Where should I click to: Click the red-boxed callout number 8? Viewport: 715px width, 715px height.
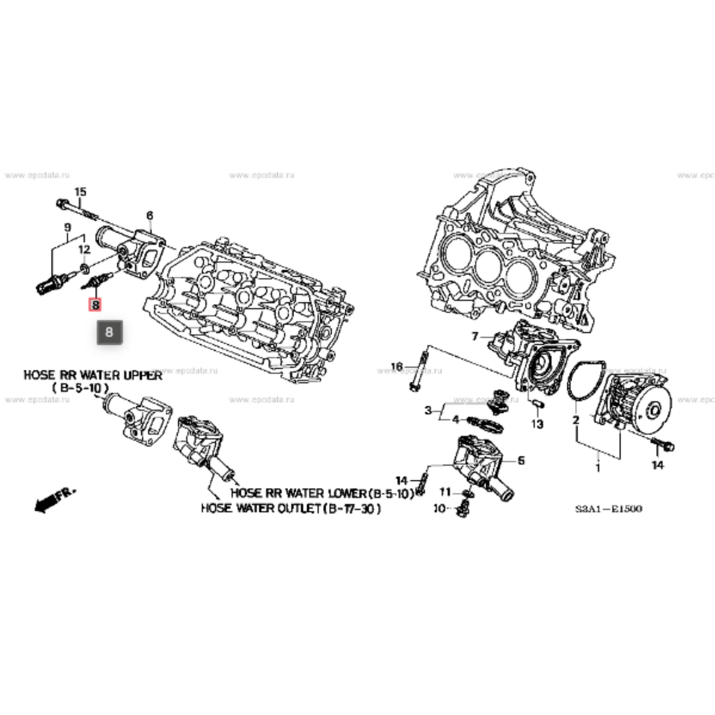[x=95, y=305]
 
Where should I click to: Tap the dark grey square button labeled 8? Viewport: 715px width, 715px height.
[x=109, y=332]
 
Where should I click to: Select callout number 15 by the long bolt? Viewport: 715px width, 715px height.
[x=80, y=192]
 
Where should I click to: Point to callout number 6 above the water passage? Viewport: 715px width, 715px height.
[x=150, y=215]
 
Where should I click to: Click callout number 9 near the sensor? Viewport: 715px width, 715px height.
[x=68, y=227]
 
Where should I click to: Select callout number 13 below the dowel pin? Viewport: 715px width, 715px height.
[x=537, y=424]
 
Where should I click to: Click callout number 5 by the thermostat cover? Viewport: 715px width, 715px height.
[x=521, y=461]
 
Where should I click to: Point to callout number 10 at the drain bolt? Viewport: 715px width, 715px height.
[x=440, y=509]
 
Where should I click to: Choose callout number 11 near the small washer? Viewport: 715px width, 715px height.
[x=445, y=492]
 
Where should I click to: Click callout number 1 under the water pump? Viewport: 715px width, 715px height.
[x=598, y=468]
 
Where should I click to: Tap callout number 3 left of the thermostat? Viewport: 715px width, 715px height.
[x=428, y=410]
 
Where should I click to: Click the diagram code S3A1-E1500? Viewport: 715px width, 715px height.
[x=608, y=509]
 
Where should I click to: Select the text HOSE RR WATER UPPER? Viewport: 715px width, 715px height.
[x=93, y=375]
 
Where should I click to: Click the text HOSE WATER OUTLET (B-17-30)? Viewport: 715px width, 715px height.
[x=291, y=508]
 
